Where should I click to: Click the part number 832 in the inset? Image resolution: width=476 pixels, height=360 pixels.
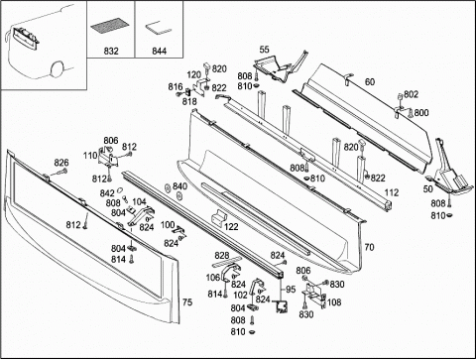tap(111, 51)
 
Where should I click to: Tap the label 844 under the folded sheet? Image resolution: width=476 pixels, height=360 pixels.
tap(159, 51)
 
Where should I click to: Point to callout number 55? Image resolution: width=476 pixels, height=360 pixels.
tap(265, 50)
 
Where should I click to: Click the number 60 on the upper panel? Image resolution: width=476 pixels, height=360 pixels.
tap(370, 81)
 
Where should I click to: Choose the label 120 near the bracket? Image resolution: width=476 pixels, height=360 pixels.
tap(194, 74)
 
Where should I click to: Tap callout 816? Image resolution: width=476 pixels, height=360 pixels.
tap(176, 86)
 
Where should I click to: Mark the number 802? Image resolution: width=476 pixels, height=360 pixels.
tap(411, 94)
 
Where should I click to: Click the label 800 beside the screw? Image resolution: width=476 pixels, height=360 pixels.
tap(421, 113)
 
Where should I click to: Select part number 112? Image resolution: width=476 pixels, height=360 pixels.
tap(392, 192)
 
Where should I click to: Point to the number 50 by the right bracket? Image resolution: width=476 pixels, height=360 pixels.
tap(428, 189)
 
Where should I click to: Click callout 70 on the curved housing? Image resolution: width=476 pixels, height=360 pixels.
tap(369, 247)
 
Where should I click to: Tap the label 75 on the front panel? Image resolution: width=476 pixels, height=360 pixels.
tap(187, 302)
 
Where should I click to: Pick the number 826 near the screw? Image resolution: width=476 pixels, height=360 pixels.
tap(61, 163)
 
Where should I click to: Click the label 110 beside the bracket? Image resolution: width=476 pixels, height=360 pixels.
tap(90, 156)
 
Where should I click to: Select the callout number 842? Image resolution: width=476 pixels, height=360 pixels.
tap(107, 193)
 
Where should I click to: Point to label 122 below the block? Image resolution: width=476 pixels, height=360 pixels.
tap(231, 227)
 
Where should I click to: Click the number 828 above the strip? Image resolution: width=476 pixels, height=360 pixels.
tap(222, 255)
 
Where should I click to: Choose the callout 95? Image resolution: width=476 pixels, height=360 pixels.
tap(291, 290)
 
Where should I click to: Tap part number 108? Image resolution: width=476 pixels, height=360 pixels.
tap(334, 302)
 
